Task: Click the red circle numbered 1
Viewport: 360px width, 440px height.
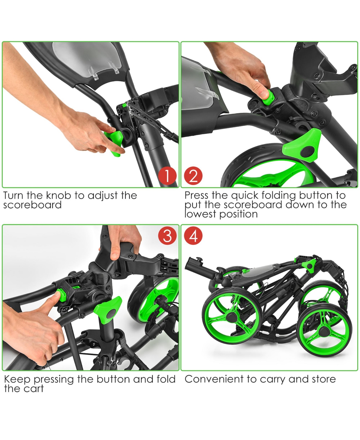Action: click(167, 176)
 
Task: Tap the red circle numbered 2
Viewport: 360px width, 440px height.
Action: click(193, 176)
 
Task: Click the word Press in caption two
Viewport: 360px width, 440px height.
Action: click(196, 195)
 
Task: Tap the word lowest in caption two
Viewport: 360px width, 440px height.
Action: click(200, 214)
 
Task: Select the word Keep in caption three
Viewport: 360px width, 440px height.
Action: click(17, 379)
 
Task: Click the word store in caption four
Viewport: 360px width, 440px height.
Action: click(324, 379)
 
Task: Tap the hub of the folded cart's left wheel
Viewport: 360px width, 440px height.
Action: click(231, 316)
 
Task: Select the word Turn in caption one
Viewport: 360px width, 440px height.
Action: click(14, 195)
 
